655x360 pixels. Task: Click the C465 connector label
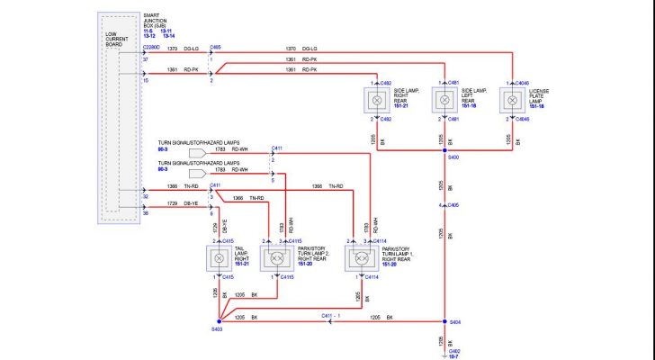click(215, 47)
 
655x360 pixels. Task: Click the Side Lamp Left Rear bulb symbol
click(444, 100)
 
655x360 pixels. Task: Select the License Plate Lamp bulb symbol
click(513, 100)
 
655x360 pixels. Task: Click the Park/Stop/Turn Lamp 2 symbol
click(274, 258)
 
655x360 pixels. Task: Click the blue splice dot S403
click(219, 321)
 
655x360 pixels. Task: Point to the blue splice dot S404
click(444, 321)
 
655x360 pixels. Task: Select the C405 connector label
click(454, 205)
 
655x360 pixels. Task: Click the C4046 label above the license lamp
click(523, 83)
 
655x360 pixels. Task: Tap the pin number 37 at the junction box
click(144, 59)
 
